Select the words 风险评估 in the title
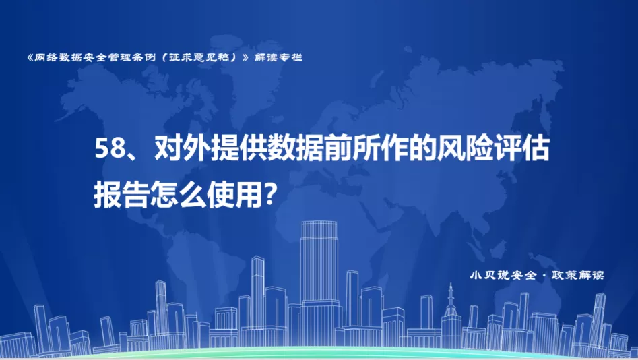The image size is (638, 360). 493,148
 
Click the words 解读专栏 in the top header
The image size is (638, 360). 278,57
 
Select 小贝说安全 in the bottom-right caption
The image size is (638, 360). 503,275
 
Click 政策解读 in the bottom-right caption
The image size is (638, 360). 578,275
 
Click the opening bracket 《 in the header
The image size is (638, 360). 30,57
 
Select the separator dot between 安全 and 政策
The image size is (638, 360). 544,276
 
